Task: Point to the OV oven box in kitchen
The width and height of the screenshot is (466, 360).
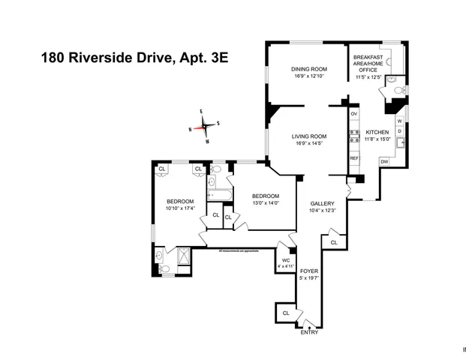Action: [x=354, y=113]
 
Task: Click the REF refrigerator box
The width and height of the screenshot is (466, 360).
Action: [x=354, y=158]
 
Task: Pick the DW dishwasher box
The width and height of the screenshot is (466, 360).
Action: [x=384, y=161]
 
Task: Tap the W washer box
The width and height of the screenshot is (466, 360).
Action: [x=399, y=121]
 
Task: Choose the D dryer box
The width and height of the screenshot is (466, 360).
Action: [x=399, y=131]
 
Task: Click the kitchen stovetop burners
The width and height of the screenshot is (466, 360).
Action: [x=354, y=136]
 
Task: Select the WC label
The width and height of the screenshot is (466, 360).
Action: [x=286, y=260]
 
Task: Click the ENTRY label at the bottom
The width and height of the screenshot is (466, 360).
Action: [x=309, y=332]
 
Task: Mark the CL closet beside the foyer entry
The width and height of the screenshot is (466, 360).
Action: [x=286, y=313]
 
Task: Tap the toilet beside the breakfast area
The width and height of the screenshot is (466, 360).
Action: [x=401, y=91]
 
